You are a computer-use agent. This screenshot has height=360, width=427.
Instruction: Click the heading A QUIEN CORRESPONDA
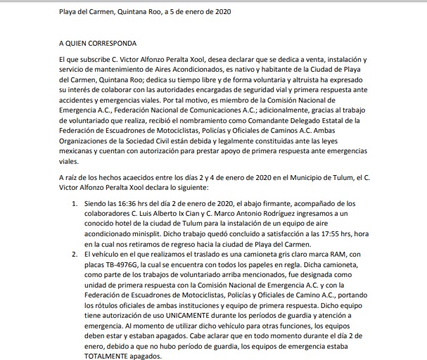[98, 44]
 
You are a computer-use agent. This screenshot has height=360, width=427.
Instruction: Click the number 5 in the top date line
[169, 12]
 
